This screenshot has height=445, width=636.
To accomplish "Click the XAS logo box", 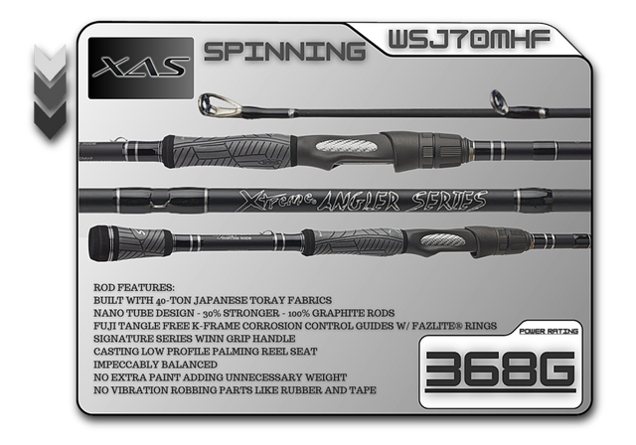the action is click(141, 69).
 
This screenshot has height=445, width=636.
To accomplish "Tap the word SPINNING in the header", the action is click(285, 52).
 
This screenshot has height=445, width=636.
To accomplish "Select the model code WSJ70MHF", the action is click(469, 40).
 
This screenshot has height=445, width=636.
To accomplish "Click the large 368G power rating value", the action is click(500, 370).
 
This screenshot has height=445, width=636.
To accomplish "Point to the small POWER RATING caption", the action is click(549, 331).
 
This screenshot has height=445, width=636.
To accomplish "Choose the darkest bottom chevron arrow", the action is click(50, 119).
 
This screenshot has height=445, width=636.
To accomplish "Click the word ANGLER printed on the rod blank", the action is click(358, 201).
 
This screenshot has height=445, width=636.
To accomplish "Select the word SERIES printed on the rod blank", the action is click(449, 201).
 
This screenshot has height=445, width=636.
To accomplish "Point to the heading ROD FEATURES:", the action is click(134, 287).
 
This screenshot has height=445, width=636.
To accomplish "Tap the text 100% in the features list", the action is click(299, 313).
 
